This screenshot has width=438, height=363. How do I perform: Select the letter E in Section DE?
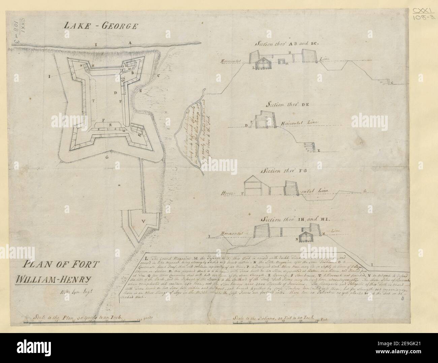click(318, 152)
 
